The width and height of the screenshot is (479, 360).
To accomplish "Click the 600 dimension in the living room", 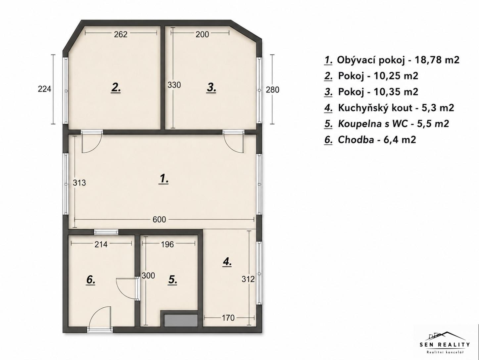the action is pyautogui.click(x=159, y=219).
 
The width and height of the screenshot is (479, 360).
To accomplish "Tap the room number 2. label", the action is pyautogui.click(x=116, y=88).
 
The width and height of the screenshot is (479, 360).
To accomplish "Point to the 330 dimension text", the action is pyautogui.click(x=174, y=85).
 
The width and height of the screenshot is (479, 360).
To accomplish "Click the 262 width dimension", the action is pyautogui.click(x=121, y=34).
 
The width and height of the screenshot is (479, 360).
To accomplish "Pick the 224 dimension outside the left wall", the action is pyautogui.click(x=44, y=89).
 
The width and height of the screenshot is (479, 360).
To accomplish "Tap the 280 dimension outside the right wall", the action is pyautogui.click(x=272, y=90).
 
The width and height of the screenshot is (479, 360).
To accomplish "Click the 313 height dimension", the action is pyautogui.click(x=79, y=182).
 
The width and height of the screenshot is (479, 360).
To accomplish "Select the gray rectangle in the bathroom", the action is pyautogui.click(x=181, y=320).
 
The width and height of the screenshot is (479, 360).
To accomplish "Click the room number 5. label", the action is pyautogui.click(x=172, y=280).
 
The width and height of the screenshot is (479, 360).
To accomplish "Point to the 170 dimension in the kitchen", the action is pyautogui.click(x=228, y=318).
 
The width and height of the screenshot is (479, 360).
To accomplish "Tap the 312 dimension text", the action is pyautogui.click(x=248, y=279).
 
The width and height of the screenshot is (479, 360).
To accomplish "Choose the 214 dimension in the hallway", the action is pyautogui.click(x=101, y=244).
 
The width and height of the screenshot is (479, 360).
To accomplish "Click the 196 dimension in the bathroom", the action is pyautogui.click(x=168, y=244).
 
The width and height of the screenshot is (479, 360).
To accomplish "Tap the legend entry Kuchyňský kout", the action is pyautogui.click(x=389, y=108).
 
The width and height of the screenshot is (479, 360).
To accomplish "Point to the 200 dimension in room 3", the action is pyautogui.click(x=202, y=34).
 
